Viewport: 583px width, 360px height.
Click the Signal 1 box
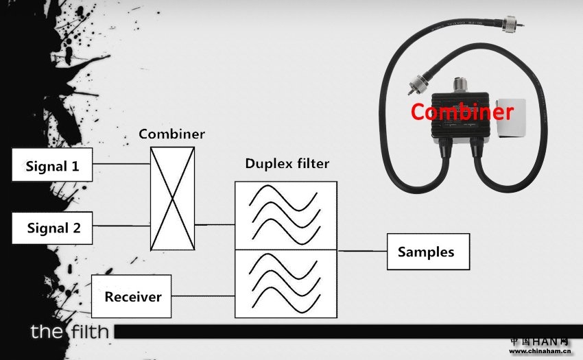pyautogui.click(x=52, y=166)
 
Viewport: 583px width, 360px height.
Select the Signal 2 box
pyautogui.click(x=52, y=228)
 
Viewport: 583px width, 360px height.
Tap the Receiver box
pyautogui.click(x=132, y=296)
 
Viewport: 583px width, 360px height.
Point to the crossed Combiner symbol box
pyautogui.click(x=172, y=199)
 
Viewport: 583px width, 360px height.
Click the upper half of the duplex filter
pyautogui.click(x=285, y=215)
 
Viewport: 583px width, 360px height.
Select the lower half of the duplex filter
pyautogui.click(x=285, y=283)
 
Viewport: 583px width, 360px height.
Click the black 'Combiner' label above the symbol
pyautogui.click(x=171, y=134)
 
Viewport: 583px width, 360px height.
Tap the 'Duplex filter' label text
pyautogui.click(x=287, y=165)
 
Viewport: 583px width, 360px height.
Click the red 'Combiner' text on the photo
pyautogui.click(x=462, y=112)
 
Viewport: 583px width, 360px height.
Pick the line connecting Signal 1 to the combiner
pyautogui.click(x=121, y=164)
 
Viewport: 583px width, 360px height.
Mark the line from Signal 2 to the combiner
pyautogui.click(x=121, y=226)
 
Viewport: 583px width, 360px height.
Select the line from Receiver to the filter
pyautogui.click(x=202, y=296)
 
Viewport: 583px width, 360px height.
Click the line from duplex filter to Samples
pyautogui.click(x=362, y=251)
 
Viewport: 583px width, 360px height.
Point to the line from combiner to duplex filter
pyautogui.click(x=214, y=224)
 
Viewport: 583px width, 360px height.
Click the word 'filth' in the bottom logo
pyautogui.click(x=88, y=333)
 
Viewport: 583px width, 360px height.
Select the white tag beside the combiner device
pyautogui.click(x=511, y=118)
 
